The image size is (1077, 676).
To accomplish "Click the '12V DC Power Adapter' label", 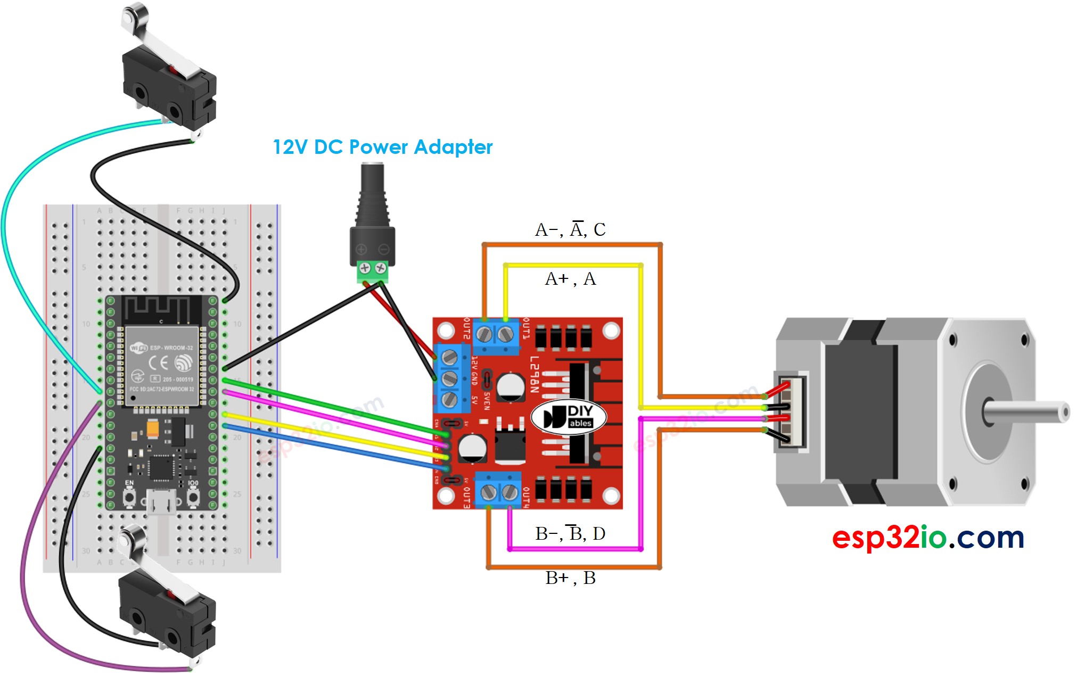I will [x=382, y=147].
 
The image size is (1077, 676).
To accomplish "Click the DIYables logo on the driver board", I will [x=569, y=417].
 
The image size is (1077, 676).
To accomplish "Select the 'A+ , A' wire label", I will [x=570, y=279].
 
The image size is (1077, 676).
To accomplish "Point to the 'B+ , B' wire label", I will [x=570, y=578].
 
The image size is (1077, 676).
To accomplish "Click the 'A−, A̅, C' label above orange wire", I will [x=570, y=229].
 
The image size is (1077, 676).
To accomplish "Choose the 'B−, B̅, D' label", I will [x=570, y=533].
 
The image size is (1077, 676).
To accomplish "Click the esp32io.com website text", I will [x=927, y=537].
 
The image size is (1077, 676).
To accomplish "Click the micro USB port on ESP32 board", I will [x=161, y=502].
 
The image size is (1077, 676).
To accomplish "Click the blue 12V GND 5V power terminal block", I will [x=450, y=378].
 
